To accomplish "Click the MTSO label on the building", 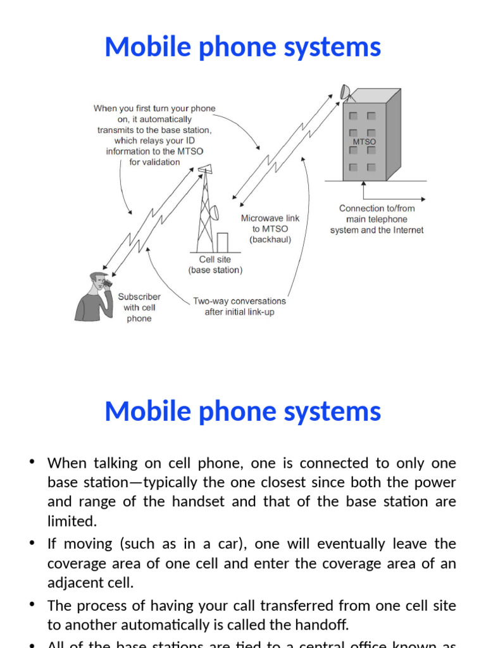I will point(364,142).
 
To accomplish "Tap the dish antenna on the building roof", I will point(345,92).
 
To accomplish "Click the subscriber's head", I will point(98,282).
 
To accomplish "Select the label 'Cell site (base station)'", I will point(215,265).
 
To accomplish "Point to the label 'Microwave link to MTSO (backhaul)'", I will point(270,228).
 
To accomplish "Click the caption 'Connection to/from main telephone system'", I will point(377,219).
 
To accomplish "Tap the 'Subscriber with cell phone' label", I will point(139,308).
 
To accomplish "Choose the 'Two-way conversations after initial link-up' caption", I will point(239,307).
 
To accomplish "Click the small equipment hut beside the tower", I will point(222,242).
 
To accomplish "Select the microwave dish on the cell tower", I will point(214,213).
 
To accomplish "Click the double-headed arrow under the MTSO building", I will point(363,189).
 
